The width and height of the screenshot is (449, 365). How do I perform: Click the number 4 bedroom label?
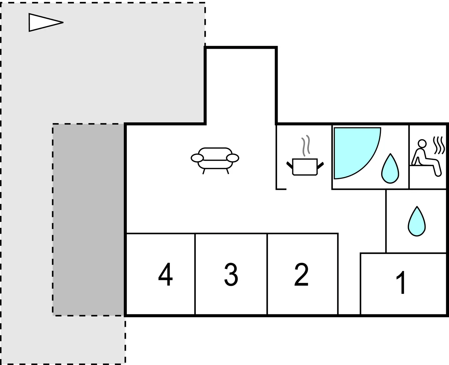(x=166, y=274)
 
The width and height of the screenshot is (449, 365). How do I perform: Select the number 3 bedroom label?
(x=231, y=274)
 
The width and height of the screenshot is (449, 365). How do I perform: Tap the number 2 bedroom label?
(x=301, y=274)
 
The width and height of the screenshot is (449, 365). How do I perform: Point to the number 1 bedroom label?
(x=401, y=282)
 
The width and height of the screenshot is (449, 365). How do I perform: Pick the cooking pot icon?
(x=305, y=167)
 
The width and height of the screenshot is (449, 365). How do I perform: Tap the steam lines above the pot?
(x=306, y=146)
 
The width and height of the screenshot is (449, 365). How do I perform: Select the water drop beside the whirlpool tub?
(x=390, y=169)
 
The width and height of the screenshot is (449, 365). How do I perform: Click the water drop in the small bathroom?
(x=417, y=221)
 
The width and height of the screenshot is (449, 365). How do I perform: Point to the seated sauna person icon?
(x=426, y=158)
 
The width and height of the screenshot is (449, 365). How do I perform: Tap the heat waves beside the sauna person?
(x=439, y=145)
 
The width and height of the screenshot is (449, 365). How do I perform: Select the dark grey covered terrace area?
(x=88, y=220)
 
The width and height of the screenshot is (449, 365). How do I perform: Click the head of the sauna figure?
(x=422, y=144)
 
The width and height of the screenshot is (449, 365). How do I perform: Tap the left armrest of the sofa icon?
(x=197, y=158)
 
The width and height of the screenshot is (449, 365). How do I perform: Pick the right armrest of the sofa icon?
(x=233, y=158)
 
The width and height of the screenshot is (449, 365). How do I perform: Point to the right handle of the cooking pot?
(x=321, y=165)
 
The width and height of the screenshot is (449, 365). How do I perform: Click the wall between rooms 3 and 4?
(x=195, y=274)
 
